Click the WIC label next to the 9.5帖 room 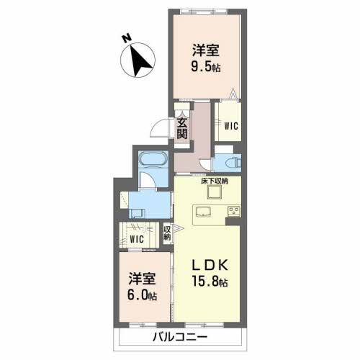click(230, 125)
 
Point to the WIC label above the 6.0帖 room click(137, 238)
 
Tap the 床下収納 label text click(215, 181)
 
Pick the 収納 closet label click(167, 233)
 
